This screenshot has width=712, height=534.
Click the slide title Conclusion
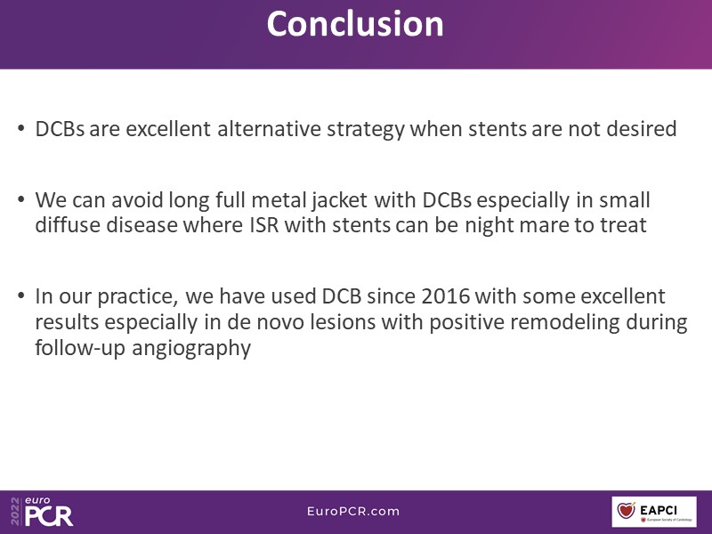coord(355,24)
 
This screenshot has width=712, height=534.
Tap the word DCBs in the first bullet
coord(60,128)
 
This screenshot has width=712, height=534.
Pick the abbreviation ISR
coord(263,225)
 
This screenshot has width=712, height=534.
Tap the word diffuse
coord(68,225)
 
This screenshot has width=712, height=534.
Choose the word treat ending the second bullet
coord(624,225)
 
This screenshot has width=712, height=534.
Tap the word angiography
coord(191,349)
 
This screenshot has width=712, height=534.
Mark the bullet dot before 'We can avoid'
coord(20,199)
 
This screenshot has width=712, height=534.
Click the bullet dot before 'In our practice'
coord(20,296)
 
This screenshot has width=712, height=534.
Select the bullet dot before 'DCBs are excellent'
coord(20,128)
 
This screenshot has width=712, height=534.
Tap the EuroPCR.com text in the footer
coord(353,511)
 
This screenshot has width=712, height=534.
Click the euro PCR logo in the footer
coord(49,512)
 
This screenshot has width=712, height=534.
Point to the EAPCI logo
coord(654,512)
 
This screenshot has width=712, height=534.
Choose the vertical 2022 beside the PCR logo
coord(16,512)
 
